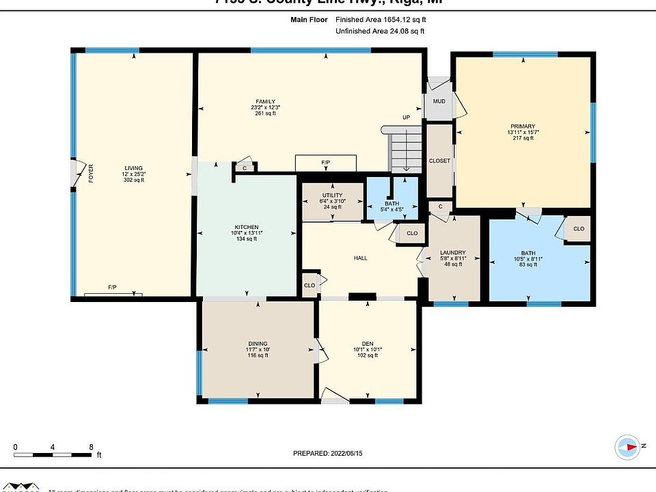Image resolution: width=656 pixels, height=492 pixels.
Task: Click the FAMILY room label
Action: [x=266, y=102]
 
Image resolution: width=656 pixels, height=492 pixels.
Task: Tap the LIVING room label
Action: [x=134, y=168]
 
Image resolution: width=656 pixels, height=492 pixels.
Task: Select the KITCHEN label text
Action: [x=247, y=227]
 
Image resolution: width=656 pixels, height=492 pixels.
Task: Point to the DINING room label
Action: [x=258, y=344]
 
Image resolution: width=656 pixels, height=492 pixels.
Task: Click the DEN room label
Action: [x=368, y=344]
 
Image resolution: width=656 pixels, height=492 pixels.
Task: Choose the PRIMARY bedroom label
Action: [x=523, y=126]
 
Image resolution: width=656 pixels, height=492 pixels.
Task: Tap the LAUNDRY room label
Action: [x=453, y=251]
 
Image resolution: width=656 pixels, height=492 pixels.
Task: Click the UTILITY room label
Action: [x=333, y=195]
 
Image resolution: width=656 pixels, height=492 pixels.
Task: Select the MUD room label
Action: [x=439, y=102]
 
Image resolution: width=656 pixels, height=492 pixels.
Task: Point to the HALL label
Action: [x=360, y=258]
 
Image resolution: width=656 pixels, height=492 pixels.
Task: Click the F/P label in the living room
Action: [x=113, y=288]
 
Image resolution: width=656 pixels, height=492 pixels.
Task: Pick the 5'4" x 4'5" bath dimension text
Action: [x=392, y=209]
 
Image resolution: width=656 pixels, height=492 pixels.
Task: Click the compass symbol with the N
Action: [x=627, y=446]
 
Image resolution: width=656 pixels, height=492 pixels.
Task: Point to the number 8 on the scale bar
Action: [x=91, y=448]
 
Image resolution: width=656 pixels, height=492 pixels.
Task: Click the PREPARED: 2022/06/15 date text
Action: [x=328, y=453]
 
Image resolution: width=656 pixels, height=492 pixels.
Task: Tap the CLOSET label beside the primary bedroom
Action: [x=439, y=161]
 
